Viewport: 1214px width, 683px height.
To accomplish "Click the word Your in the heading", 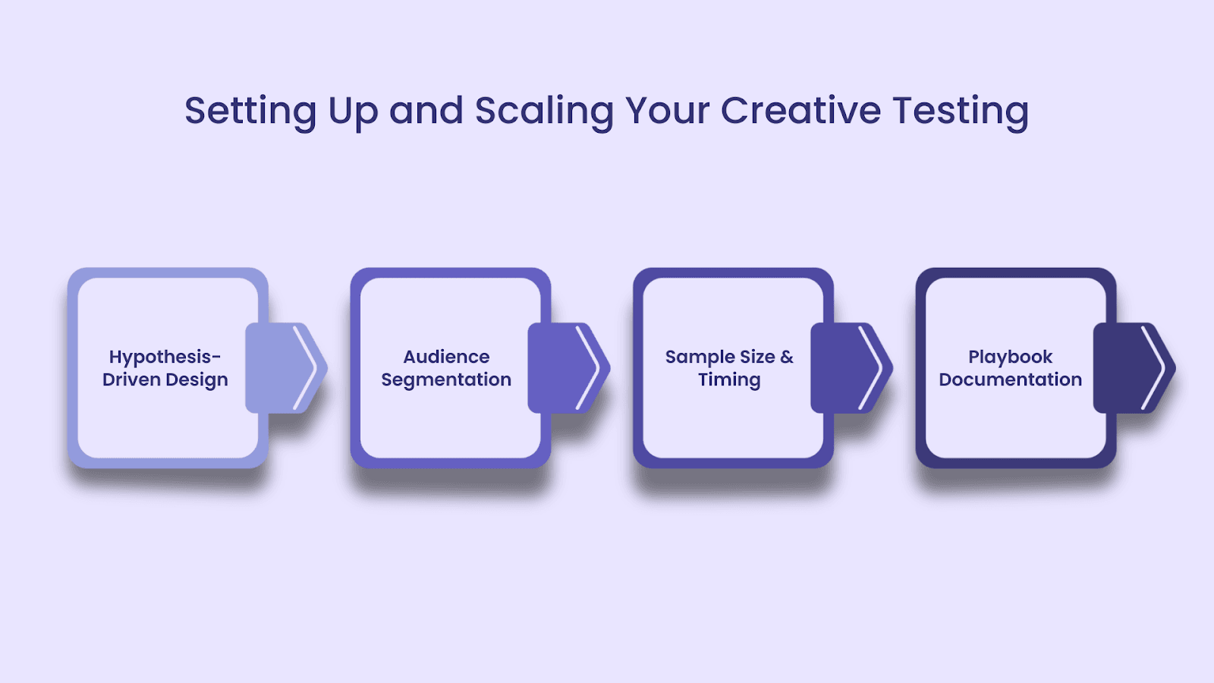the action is tap(667, 111).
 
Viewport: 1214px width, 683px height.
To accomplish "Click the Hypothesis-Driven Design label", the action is tap(165, 368).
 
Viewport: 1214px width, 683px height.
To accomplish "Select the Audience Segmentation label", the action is tap(446, 368).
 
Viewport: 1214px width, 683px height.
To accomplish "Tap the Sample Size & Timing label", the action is tap(729, 368).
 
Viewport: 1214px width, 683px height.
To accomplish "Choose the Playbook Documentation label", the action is tap(1010, 368).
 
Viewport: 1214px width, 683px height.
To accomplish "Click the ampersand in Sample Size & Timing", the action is tap(786, 357).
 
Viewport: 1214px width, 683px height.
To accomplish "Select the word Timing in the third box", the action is tap(729, 380).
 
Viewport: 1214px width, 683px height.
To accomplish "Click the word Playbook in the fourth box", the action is tap(1010, 357).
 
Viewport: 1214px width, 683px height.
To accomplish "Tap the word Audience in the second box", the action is tap(446, 357).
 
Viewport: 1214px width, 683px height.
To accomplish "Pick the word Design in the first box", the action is tap(197, 380).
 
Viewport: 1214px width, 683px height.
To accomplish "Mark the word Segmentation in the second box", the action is tap(446, 380).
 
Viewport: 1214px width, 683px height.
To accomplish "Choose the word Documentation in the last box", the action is tap(1010, 379).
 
